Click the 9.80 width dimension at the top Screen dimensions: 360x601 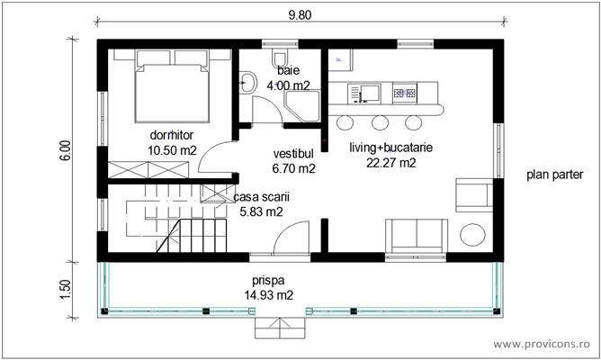click(300, 14)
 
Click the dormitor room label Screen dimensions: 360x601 click(172, 135)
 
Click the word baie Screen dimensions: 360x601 click(288, 70)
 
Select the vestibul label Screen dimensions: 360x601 click(293, 154)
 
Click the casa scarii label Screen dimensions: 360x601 click(261, 196)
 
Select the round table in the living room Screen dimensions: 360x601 click(473, 236)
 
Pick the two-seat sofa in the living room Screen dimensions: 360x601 click(417, 236)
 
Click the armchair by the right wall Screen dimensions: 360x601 click(473, 194)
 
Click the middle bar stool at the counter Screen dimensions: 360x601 click(380, 121)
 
